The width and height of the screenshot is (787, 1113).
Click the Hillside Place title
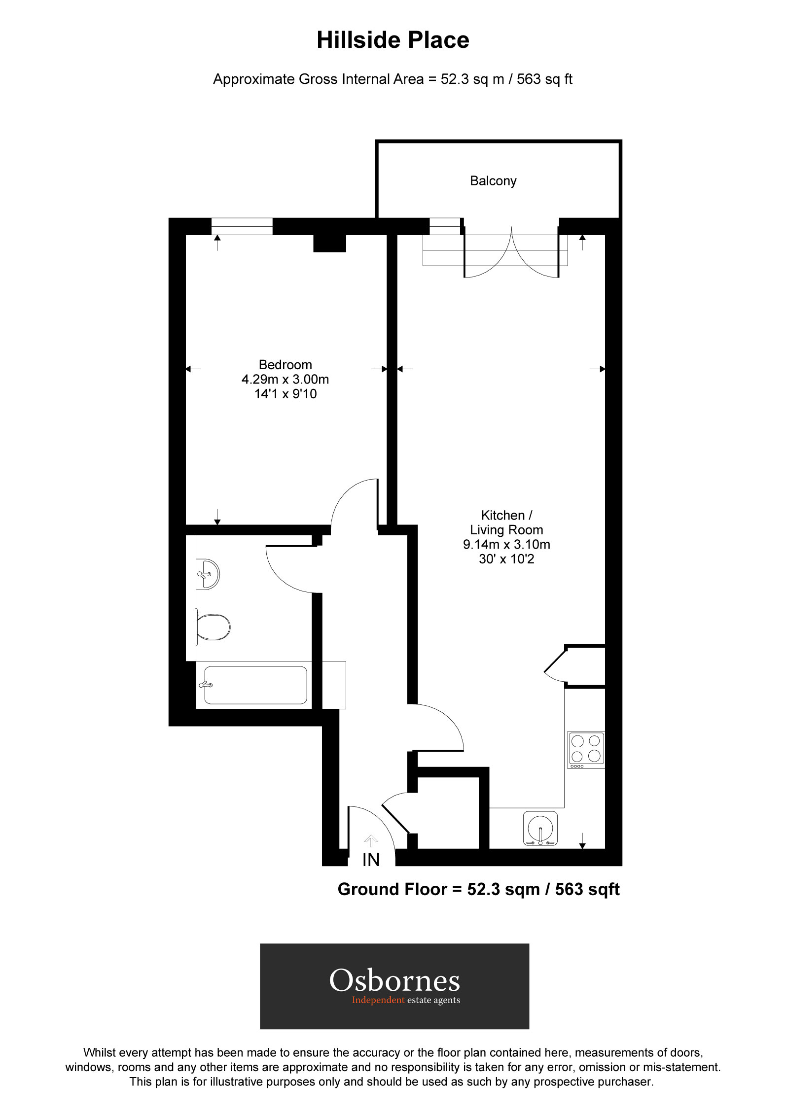(x=393, y=40)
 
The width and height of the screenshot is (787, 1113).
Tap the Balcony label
(x=493, y=181)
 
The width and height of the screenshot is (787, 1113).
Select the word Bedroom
(x=285, y=365)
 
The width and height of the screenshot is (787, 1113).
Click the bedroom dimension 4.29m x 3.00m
(x=285, y=379)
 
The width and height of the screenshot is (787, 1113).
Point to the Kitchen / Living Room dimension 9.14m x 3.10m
(x=506, y=545)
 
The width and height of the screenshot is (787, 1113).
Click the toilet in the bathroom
(x=213, y=626)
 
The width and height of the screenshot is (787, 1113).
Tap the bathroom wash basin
(x=208, y=574)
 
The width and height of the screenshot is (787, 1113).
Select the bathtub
(x=255, y=685)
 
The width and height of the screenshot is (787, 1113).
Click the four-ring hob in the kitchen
(x=586, y=749)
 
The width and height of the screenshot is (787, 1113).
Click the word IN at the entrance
(x=371, y=860)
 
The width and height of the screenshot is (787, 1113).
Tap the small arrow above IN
(x=371, y=840)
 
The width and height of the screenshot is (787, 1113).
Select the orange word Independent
(x=378, y=1000)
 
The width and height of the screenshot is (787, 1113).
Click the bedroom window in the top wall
(x=242, y=226)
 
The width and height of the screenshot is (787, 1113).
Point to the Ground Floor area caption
(x=478, y=889)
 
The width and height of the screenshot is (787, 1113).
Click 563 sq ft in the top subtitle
(x=544, y=79)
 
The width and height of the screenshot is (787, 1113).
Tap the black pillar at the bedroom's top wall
(x=329, y=243)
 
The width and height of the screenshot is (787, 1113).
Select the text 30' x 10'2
(x=506, y=559)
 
